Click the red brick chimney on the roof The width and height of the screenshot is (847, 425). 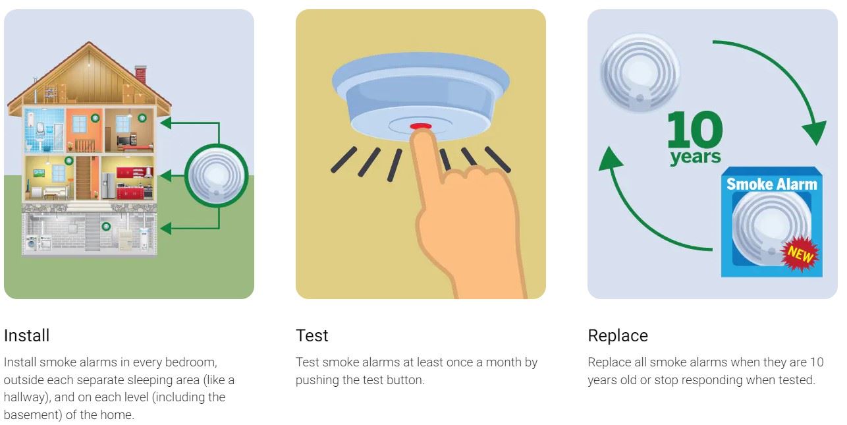point(140,74)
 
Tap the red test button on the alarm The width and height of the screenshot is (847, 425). point(420,127)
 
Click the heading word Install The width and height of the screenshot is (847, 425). point(26,335)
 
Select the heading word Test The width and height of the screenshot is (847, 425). point(312,335)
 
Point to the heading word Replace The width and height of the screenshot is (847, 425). point(618,335)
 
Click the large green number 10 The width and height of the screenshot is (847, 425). point(695,129)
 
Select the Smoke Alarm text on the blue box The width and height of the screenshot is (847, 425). point(772,184)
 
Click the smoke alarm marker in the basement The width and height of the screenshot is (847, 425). point(106,226)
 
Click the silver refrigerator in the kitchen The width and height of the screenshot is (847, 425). point(108,186)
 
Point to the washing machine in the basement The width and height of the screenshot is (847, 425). point(32,243)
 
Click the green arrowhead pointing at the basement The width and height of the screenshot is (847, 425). point(165,228)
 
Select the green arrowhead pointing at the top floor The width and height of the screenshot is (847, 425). point(165,123)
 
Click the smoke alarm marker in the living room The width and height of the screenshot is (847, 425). point(68,161)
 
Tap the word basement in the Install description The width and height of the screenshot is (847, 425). point(32,414)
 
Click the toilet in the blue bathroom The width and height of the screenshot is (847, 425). point(29,146)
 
